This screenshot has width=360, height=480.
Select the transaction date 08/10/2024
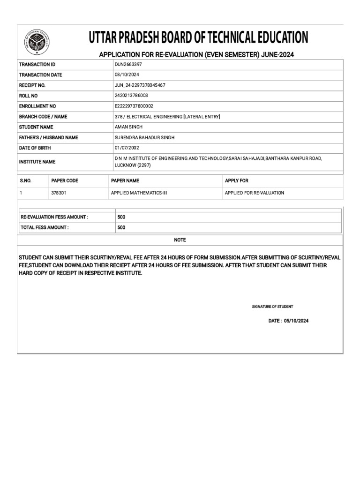click(127, 75)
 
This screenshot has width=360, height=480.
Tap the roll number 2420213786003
click(131, 96)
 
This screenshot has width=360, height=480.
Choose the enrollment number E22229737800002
click(134, 106)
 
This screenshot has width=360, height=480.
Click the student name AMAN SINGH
click(128, 127)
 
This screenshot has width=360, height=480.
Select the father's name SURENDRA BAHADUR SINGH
click(143, 137)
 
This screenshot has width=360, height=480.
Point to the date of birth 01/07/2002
click(127, 148)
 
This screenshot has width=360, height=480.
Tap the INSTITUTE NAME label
click(37, 162)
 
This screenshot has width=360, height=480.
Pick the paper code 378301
click(59, 193)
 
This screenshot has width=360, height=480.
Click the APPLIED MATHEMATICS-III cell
click(139, 193)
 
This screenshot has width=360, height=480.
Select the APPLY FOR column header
click(237, 180)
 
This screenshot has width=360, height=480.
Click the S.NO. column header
click(25, 180)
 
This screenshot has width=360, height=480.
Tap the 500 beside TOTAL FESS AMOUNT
click(121, 227)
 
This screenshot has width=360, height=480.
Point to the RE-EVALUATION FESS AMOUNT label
click(54, 217)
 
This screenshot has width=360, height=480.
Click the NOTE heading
click(180, 240)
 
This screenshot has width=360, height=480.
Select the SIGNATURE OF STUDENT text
click(272, 307)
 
